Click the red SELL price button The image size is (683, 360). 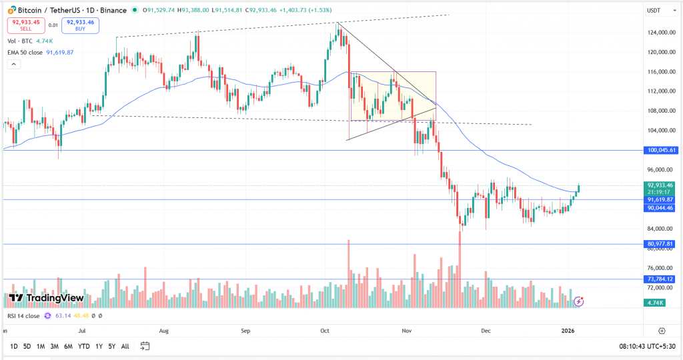26,25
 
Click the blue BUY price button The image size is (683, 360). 80,25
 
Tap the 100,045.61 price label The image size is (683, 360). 662,151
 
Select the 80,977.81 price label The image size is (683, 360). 662,244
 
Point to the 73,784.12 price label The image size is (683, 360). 662,279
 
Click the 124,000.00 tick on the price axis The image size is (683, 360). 661,32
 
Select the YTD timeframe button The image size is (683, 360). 83,346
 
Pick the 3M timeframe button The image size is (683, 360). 54,346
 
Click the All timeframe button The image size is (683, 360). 125,346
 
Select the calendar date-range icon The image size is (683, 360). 145,346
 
